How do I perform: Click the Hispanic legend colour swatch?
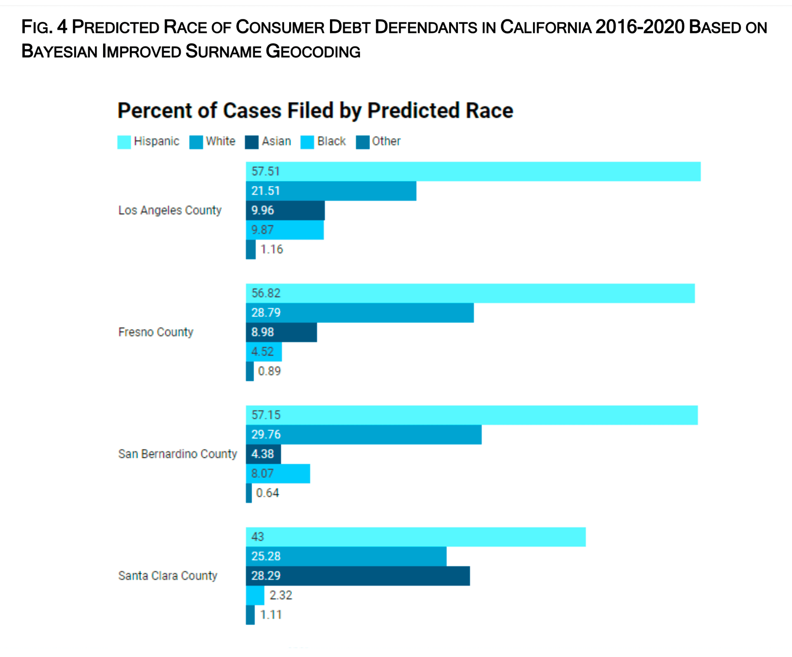pos(124,142)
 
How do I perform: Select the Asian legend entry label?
pos(276,142)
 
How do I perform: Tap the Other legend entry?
pos(386,142)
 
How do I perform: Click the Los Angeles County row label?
pos(170,210)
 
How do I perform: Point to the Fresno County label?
pos(156,332)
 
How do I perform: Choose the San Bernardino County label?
pos(177,454)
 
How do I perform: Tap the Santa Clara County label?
pos(167,576)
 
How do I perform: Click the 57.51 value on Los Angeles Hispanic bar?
pos(266,171)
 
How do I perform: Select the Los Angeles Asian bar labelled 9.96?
pos(285,210)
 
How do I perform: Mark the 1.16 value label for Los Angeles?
pos(271,249)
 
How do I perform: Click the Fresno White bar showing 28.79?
pos(359,313)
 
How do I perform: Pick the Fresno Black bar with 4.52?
pos(264,352)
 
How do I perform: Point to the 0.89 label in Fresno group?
pos(269,371)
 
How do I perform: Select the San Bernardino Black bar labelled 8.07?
pos(278,473)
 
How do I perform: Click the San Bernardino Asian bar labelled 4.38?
pos(263,454)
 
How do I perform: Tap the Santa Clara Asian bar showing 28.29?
pos(358,576)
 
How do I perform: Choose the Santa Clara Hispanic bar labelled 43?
pos(415,537)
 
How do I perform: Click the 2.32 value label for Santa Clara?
pos(280,595)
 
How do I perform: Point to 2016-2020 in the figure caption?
pos(640,27)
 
